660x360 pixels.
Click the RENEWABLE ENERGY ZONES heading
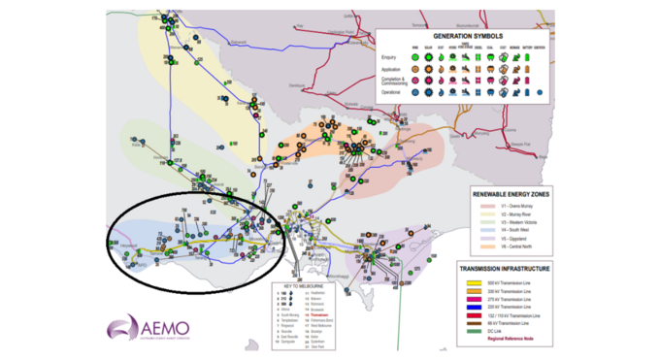[x=513, y=194]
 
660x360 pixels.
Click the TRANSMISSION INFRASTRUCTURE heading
[x=511, y=269]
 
